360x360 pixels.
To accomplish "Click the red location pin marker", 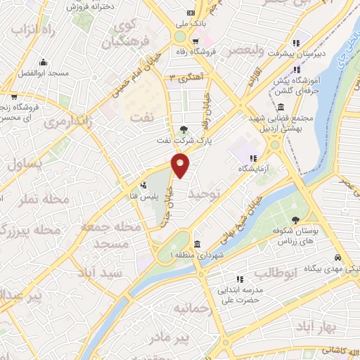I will click(x=181, y=165).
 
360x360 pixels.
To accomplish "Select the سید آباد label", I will click(x=96, y=271).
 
